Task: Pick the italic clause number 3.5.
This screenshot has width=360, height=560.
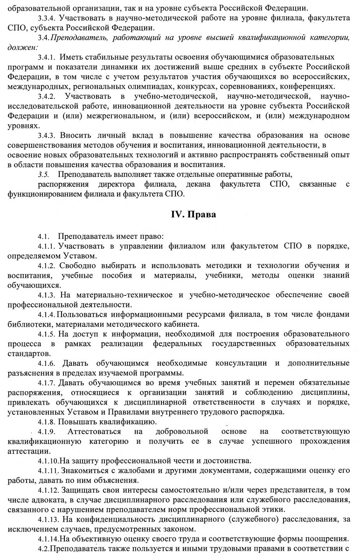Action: pyautogui.click(x=43, y=174)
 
